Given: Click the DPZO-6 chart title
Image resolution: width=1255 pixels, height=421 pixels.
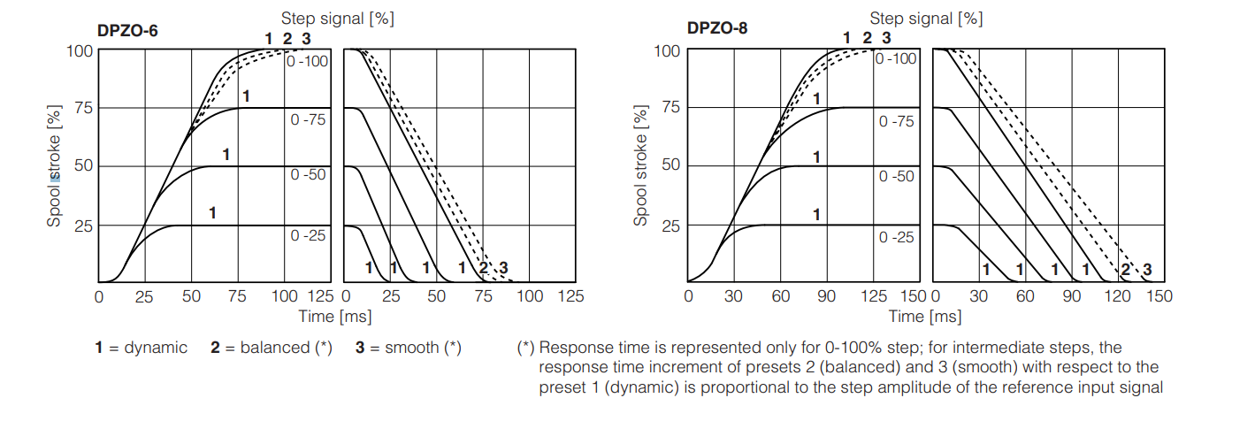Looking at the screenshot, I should coord(128,29).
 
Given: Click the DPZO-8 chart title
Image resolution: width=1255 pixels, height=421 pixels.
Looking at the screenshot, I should coord(716,27).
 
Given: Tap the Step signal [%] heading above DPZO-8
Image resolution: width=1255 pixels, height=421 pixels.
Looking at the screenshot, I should coord(926,18).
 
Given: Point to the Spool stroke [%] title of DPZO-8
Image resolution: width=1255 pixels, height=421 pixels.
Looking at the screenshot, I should coord(640,165).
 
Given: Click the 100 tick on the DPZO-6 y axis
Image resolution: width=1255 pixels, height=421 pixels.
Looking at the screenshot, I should coord(80,50).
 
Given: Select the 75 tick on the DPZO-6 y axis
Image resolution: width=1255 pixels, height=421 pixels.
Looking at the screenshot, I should coord(83,108).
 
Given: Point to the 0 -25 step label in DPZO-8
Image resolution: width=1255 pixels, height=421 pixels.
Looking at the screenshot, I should coord(897,238).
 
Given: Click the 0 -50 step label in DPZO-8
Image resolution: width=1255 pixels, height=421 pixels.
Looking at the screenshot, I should coord(897,177).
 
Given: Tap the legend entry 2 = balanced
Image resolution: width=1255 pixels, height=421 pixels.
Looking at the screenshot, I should coord(271,348).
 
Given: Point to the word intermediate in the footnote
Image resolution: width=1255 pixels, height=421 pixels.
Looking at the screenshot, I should coord(992,348).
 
